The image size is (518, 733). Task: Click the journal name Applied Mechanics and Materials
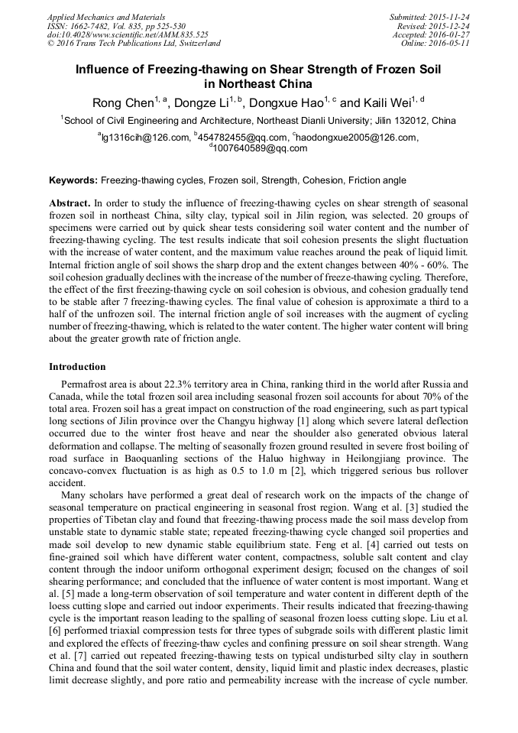coord(105,17)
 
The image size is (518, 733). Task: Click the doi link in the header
coord(128,34)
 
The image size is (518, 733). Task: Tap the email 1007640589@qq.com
coord(261,148)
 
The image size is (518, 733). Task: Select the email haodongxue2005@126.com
coord(355,138)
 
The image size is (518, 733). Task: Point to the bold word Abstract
coord(70,205)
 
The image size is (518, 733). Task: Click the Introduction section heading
coord(77,367)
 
